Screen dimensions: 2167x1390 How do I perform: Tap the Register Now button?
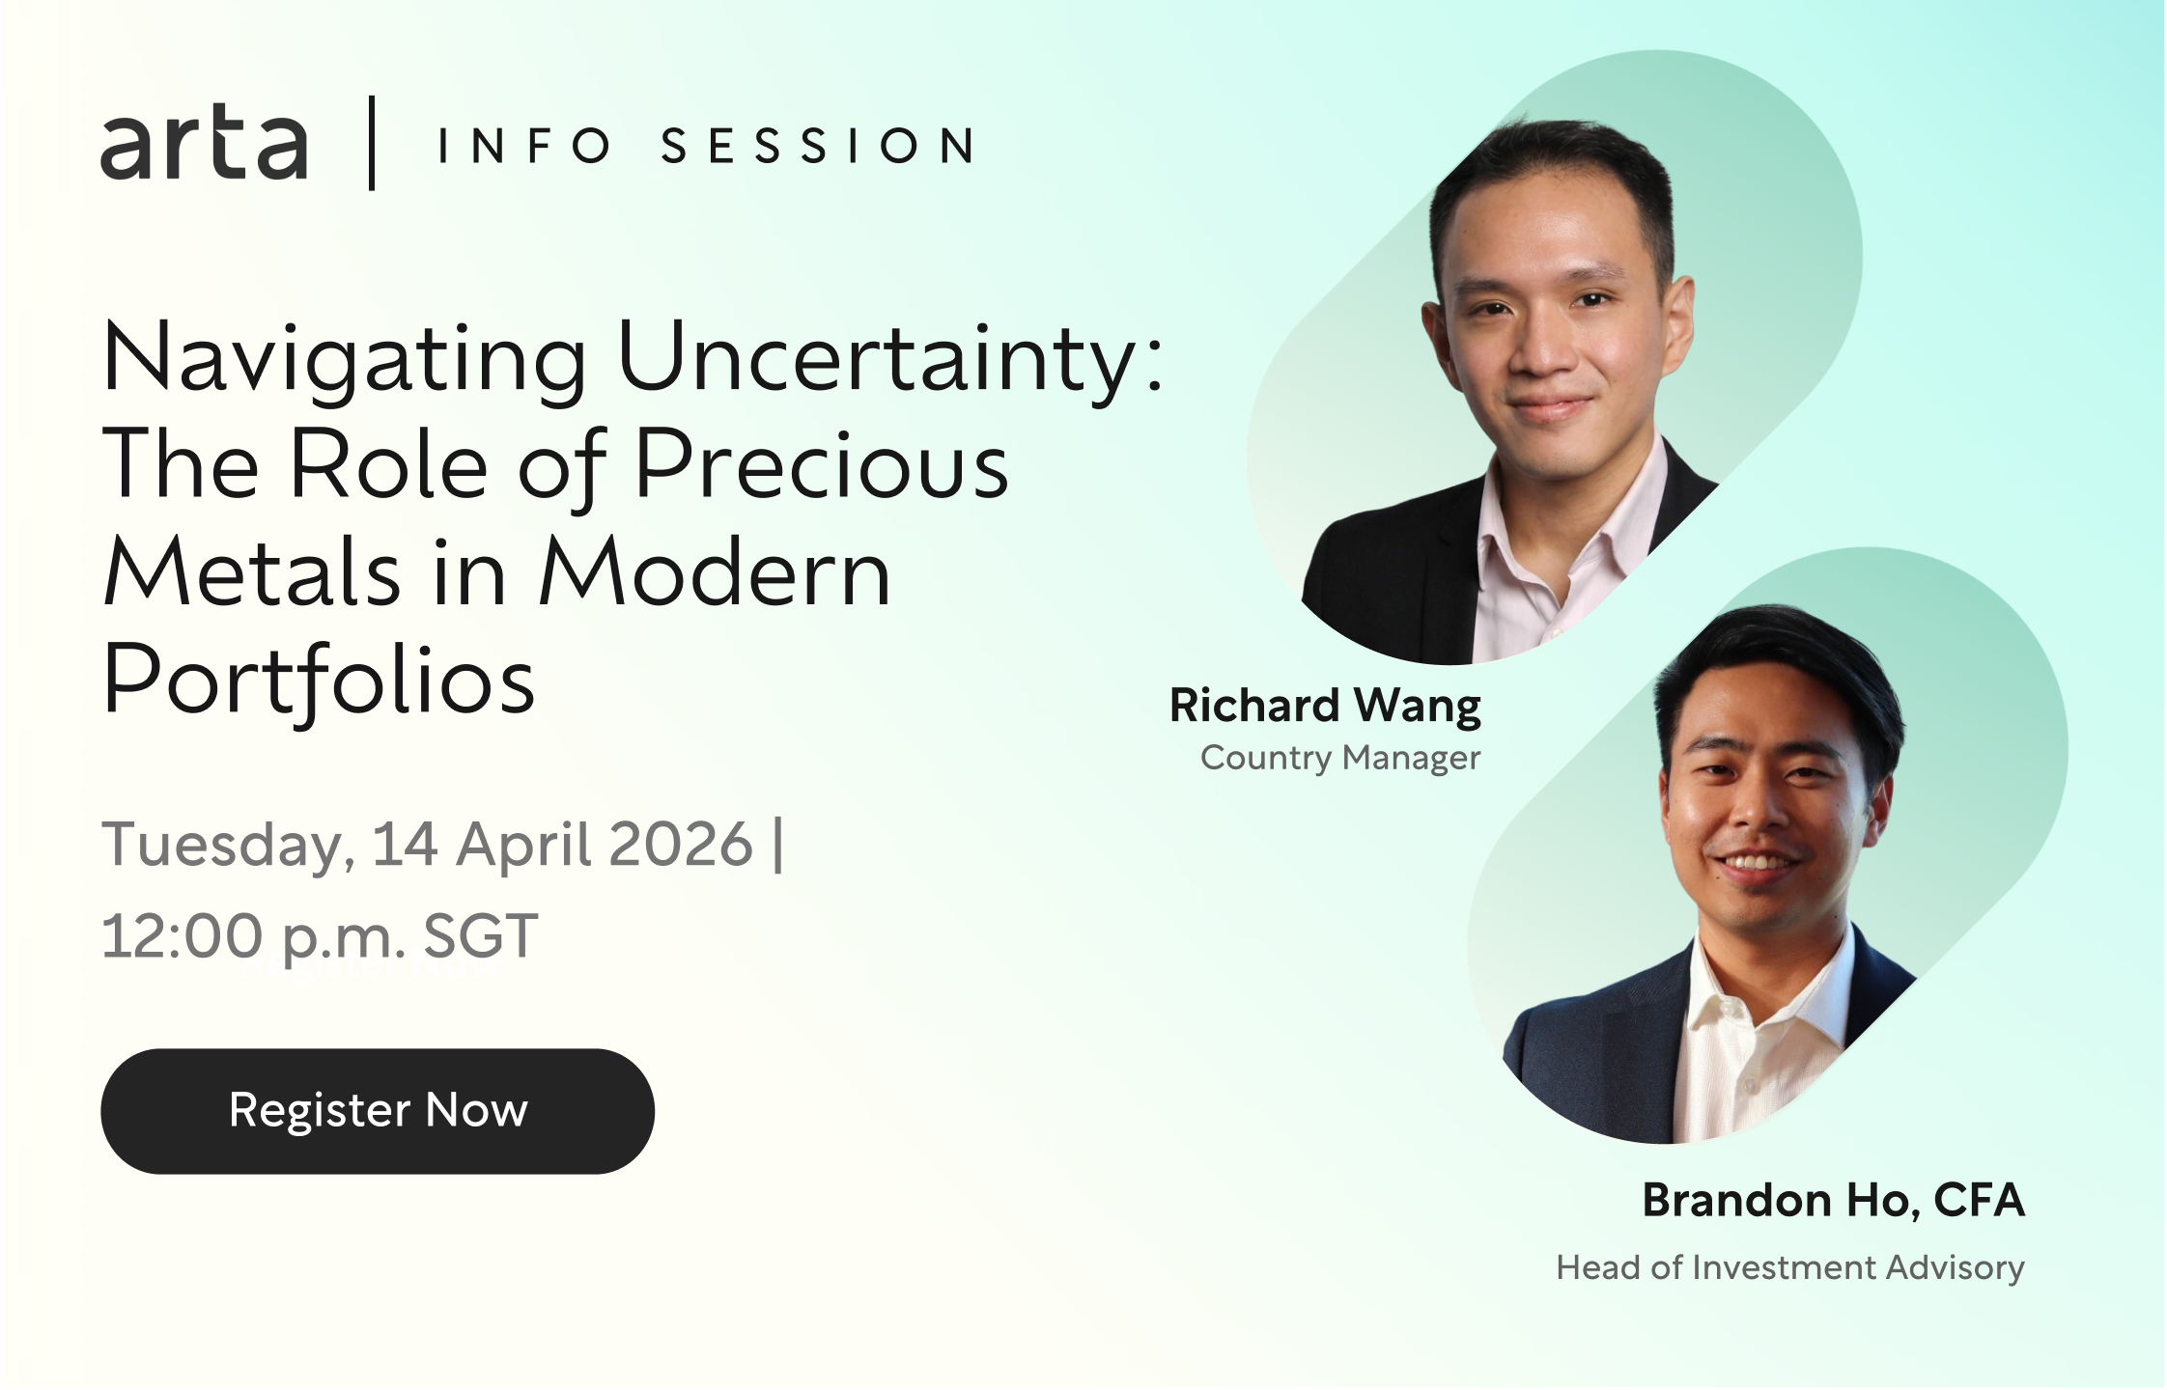[378, 1111]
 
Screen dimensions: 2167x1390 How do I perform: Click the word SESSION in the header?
[818, 146]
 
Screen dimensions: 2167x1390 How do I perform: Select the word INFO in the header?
[524, 146]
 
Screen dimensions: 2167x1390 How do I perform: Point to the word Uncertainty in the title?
[889, 358]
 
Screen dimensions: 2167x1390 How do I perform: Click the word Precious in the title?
[822, 465]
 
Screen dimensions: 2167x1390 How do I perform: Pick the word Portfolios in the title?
[319, 681]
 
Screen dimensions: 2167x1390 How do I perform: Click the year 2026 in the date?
[681, 845]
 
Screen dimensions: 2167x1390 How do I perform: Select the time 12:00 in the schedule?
[182, 936]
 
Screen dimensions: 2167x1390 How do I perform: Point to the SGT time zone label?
[480, 936]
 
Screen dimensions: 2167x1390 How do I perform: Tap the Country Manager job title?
[1340, 759]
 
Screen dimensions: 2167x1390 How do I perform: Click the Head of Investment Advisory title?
[1790, 1267]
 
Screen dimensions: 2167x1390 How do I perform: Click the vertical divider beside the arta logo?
[372, 143]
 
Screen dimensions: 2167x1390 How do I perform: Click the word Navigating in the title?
[345, 360]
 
